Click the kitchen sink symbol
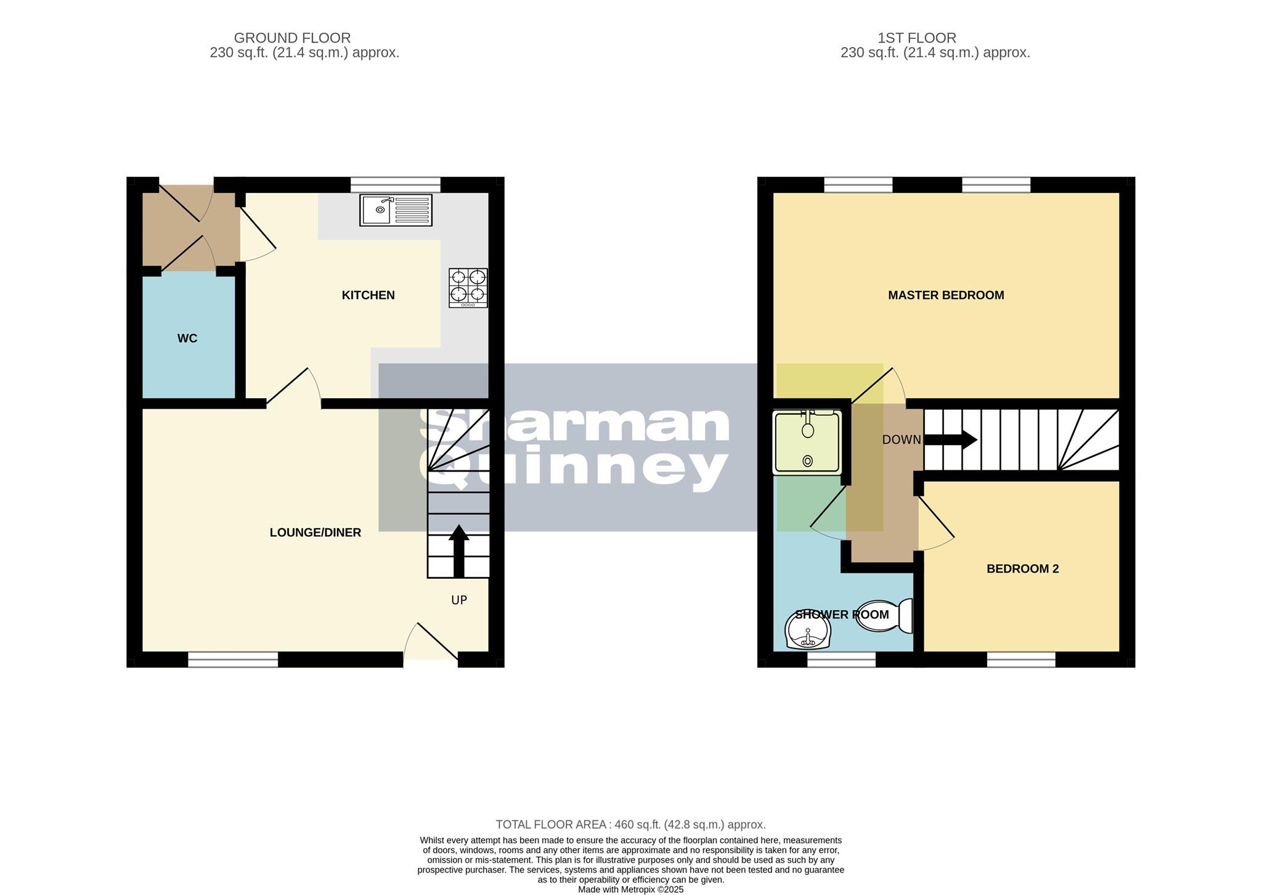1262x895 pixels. [396, 210]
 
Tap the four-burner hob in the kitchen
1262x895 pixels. [468, 288]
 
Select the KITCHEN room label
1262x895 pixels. [368, 295]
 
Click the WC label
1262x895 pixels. [187, 338]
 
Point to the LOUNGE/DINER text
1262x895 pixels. [315, 533]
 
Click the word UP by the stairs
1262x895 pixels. [459, 600]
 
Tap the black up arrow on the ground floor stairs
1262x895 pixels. [458, 550]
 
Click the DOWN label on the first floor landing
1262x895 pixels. [901, 439]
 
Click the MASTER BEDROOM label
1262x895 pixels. [945, 295]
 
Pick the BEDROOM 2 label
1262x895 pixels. [1022, 569]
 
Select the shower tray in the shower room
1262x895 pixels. [807, 443]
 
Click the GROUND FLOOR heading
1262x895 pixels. [292, 38]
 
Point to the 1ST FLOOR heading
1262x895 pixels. [916, 38]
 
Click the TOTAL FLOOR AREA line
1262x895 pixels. [630, 825]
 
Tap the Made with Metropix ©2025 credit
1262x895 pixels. [630, 889]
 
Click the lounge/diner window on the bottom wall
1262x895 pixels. [233, 660]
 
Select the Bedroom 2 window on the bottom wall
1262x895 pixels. [1021, 660]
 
